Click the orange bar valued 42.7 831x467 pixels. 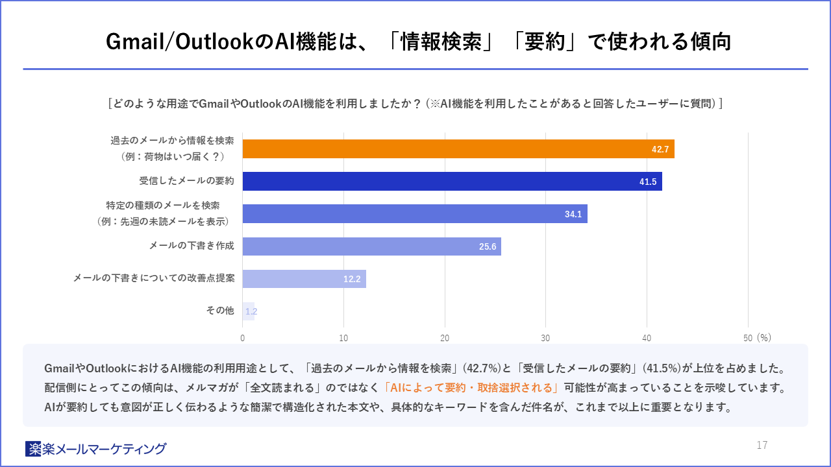coord(458,149)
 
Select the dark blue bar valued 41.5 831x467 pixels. coord(452,181)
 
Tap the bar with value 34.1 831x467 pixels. coord(415,213)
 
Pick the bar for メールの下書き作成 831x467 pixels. coord(371,246)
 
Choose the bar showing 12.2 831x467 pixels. coord(304,279)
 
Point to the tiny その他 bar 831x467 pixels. coord(248,311)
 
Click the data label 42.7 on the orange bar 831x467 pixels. coord(660,149)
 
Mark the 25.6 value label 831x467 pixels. coord(488,247)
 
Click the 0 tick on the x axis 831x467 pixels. coord(243,337)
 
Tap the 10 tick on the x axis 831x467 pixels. coord(343,337)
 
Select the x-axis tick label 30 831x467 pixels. coord(545,337)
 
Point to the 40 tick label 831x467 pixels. coord(647,337)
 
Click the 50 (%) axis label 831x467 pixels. coord(757,337)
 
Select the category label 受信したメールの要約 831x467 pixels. coord(186,181)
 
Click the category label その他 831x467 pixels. coord(219,311)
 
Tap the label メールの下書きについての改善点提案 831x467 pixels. coord(153,278)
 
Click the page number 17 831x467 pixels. coord(762,445)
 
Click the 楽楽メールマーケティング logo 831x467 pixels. coord(96,448)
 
